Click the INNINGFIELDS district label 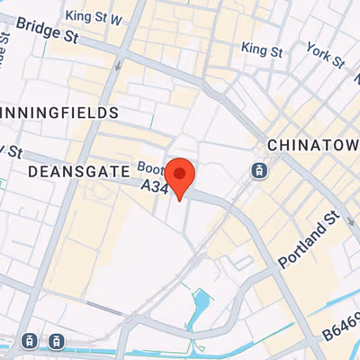[x=59, y=112]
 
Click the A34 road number [x=156, y=184]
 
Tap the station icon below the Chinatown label [x=258, y=169]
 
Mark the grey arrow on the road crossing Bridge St [x=120, y=65]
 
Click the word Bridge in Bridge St [x=35, y=31]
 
